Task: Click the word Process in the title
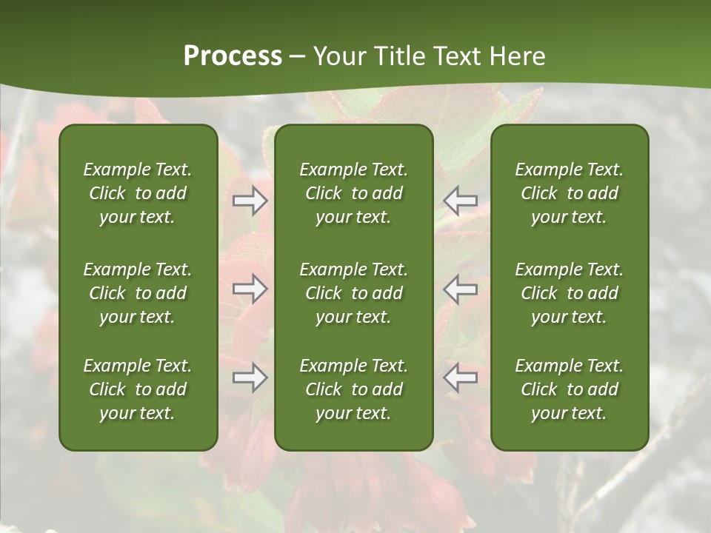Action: point(233,56)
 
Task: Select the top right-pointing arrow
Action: point(250,201)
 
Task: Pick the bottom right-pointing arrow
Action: point(250,378)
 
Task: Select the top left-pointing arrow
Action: point(461,201)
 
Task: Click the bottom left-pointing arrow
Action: point(461,378)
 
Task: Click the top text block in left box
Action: point(138,193)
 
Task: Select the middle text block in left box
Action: point(138,293)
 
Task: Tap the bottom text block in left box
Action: point(138,389)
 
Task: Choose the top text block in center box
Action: point(354,193)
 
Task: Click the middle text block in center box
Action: point(354,293)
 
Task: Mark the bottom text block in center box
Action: point(354,389)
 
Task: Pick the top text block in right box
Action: point(570,193)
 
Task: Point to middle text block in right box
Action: point(570,293)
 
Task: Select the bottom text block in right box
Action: point(570,389)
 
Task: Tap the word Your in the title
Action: point(339,56)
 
